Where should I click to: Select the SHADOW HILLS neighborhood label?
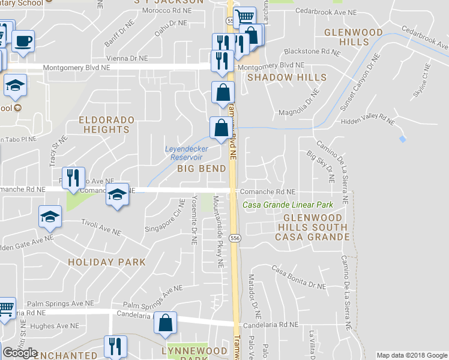coord(287,77)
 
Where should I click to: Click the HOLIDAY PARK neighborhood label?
coord(107,262)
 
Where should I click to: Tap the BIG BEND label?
coord(202,169)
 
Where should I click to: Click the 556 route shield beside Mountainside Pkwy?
coord(235,238)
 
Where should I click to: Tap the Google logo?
coord(20,353)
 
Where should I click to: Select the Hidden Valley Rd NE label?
coord(366,119)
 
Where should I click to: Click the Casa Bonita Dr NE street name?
coord(299,276)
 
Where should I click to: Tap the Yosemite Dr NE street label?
coord(194,220)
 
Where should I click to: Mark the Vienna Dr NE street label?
coord(126,58)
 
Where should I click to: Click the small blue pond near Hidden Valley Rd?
coord(402,139)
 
